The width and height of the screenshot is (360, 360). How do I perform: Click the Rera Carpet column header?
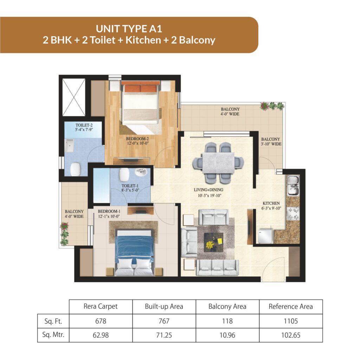(101, 307)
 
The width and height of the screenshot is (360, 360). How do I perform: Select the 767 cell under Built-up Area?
(164, 321)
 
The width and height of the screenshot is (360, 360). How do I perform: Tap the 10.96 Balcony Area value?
(227, 335)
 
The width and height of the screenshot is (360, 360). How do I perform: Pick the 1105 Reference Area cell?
(291, 321)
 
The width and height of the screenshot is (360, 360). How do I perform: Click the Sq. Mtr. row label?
(53, 335)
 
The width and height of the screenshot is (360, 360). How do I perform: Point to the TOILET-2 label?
(84, 125)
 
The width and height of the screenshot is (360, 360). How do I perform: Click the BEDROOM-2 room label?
(137, 139)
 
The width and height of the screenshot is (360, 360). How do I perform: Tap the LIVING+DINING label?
(208, 190)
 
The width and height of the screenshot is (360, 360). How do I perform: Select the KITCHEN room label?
(271, 204)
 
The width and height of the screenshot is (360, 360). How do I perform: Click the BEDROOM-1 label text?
(109, 211)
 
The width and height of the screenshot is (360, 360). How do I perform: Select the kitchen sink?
(293, 186)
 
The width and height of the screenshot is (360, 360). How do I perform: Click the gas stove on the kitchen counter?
(293, 213)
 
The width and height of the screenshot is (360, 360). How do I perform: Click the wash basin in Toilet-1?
(141, 172)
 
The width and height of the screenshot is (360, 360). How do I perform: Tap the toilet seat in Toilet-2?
(76, 169)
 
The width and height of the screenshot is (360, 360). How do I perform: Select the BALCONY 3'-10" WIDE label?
(271, 142)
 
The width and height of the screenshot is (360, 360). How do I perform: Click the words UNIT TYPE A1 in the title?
(129, 29)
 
